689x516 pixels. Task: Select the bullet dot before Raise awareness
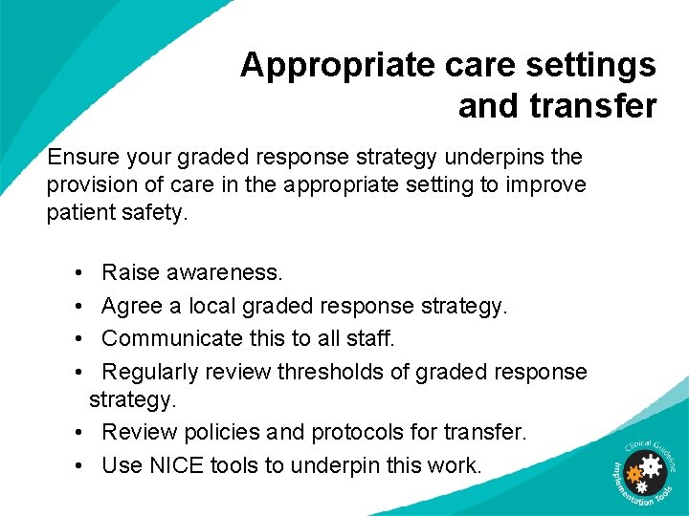pos(77,273)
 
